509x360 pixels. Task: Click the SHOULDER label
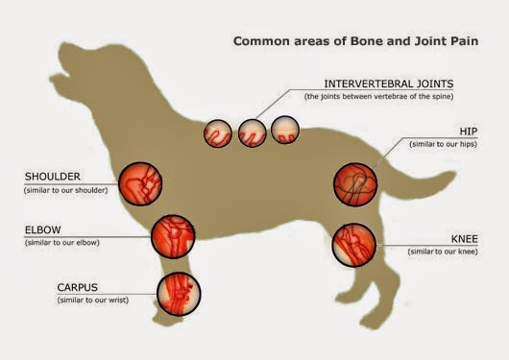52,178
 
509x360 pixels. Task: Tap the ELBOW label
46,230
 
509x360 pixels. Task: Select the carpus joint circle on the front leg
179,288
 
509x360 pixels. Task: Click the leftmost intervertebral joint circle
218,132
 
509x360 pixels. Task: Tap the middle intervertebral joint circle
252,131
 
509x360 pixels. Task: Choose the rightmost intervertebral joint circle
285,130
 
